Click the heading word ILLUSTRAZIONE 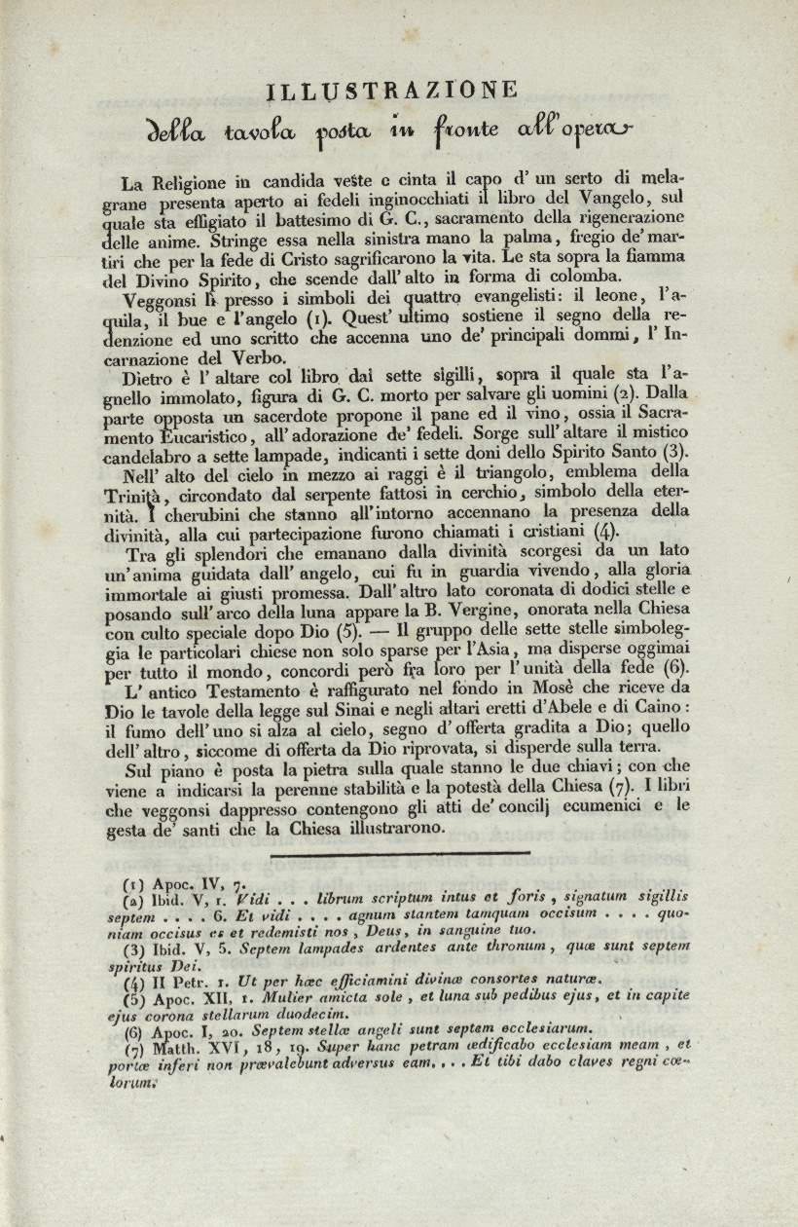pos(392,90)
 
